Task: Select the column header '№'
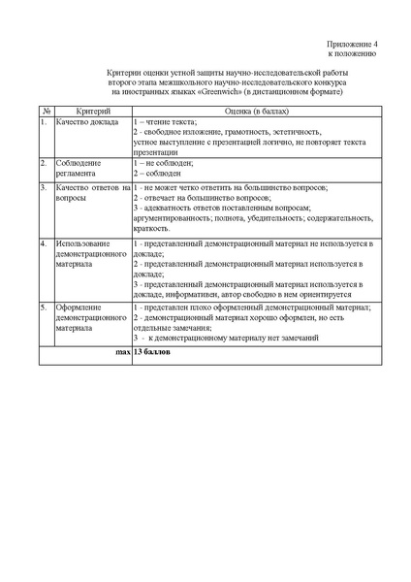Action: click(45, 112)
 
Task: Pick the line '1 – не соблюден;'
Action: click(165, 162)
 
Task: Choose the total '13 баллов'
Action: click(151, 353)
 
